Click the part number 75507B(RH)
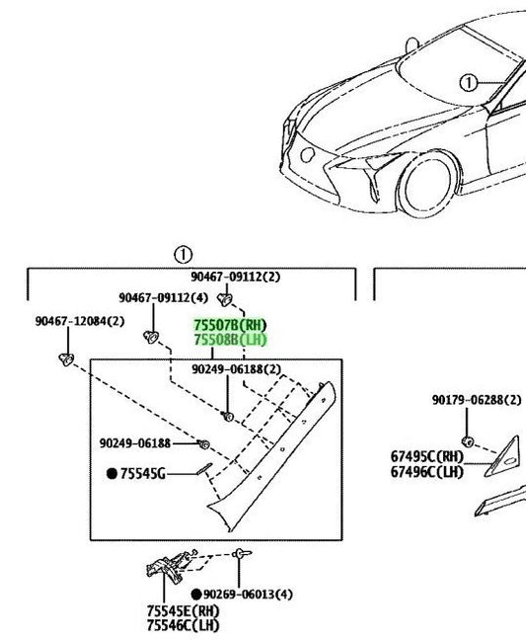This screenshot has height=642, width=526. (x=230, y=326)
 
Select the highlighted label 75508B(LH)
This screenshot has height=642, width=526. (x=230, y=340)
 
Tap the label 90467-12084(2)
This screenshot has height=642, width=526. (x=80, y=321)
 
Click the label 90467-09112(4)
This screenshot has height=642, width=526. (x=163, y=297)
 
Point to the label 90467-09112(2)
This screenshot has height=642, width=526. (x=236, y=277)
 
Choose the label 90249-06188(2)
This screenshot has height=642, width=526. (x=237, y=369)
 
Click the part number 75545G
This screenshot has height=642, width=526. (x=143, y=474)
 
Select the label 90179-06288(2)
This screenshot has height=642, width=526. (x=477, y=400)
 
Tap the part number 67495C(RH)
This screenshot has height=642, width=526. (x=427, y=456)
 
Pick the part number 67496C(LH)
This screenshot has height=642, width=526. (x=427, y=472)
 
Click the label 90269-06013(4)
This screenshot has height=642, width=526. (x=248, y=594)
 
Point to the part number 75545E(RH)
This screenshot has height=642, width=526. (x=184, y=611)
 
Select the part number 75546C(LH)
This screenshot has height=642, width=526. (x=184, y=625)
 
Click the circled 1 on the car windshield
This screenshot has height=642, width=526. (x=469, y=83)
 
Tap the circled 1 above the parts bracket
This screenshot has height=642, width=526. (x=183, y=255)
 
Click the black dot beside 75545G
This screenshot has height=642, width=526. (x=113, y=474)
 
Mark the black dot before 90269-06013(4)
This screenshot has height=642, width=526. (x=196, y=594)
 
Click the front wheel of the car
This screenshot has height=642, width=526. (x=428, y=184)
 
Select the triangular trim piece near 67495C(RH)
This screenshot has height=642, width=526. (x=502, y=457)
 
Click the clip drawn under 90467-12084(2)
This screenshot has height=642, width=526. (x=66, y=360)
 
